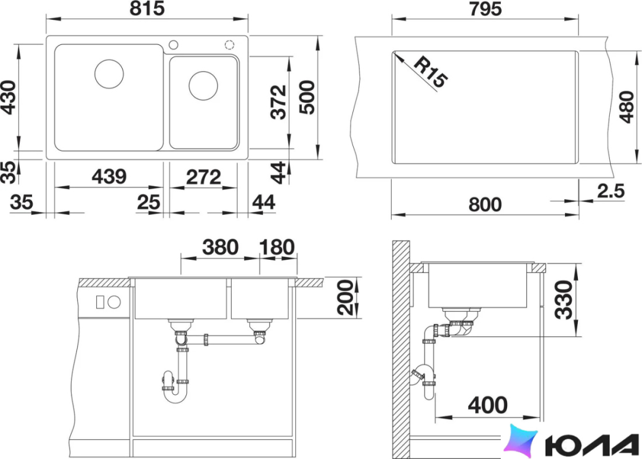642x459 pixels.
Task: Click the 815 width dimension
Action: pyautogui.click(x=147, y=9)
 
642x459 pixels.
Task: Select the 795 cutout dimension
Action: pyautogui.click(x=485, y=9)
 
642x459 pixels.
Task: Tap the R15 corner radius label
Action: pyautogui.click(x=431, y=72)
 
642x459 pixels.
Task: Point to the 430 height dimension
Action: pyautogui.click(x=9, y=97)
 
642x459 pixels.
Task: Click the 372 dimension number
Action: pyautogui.click(x=279, y=102)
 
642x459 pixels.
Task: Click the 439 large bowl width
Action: pyautogui.click(x=109, y=176)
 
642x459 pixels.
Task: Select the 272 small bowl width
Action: pyautogui.click(x=204, y=177)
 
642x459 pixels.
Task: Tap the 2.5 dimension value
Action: pyautogui.click(x=611, y=191)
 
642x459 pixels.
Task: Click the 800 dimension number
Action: pyautogui.click(x=485, y=204)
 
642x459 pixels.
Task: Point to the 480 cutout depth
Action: pyautogui.click(x=627, y=106)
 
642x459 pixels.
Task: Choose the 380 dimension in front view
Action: pyautogui.click(x=220, y=247)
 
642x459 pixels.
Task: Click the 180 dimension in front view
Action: pyautogui.click(x=277, y=247)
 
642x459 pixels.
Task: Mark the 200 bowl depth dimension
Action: pyautogui.click(x=345, y=297)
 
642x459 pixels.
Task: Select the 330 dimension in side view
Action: pyautogui.click(x=564, y=300)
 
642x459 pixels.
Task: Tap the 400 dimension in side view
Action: pyautogui.click(x=488, y=405)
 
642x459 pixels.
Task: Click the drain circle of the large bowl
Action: pyautogui.click(x=109, y=74)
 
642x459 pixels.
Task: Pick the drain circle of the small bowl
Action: pyautogui.click(x=203, y=86)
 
